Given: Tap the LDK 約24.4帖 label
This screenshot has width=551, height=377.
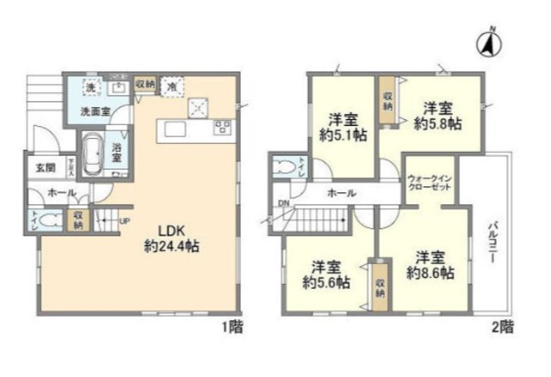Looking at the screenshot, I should pyautogui.click(x=171, y=239).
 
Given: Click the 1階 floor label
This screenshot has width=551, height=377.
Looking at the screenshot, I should pyautogui.click(x=230, y=326).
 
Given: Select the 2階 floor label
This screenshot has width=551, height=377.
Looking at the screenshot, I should pyautogui.click(x=503, y=326).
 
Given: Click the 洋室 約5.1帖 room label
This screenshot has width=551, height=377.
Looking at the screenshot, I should pyautogui.click(x=342, y=126).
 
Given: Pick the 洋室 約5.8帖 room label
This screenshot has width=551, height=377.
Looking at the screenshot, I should pyautogui.click(x=437, y=116).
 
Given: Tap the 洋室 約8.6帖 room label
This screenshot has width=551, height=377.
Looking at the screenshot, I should pyautogui.click(x=430, y=266).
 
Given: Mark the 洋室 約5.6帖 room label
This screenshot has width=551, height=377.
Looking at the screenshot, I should pyautogui.click(x=326, y=273).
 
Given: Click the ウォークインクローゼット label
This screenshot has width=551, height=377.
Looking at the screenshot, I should pyautogui.click(x=428, y=182).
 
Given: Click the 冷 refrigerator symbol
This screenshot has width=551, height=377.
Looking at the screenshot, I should pyautogui.click(x=172, y=87).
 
